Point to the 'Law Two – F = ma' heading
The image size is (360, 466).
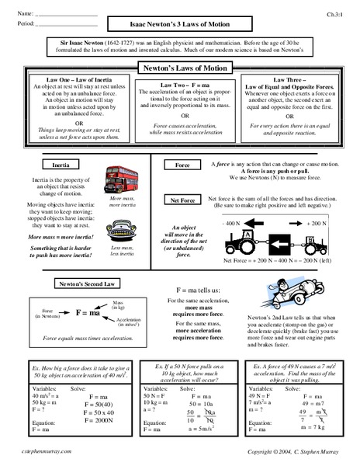179,82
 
